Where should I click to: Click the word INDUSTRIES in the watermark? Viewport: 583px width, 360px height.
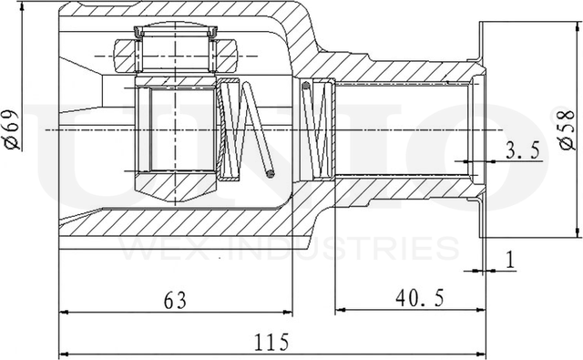354,248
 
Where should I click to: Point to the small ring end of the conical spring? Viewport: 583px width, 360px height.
270,170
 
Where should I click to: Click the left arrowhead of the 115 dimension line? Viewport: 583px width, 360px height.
65,354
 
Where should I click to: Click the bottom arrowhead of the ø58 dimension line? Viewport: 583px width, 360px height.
573,232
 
